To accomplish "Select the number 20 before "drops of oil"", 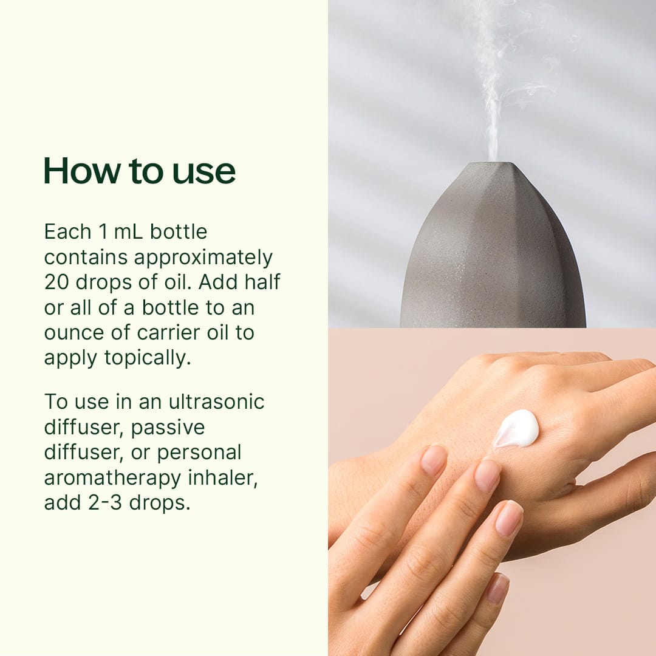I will coord(56,282).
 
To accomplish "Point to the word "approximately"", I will coord(203,258).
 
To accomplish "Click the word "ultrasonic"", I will coord(217,401).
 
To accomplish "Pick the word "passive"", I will coord(168,427).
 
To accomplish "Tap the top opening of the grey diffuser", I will coord(493,166).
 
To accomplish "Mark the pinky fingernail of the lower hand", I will coord(497,588).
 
